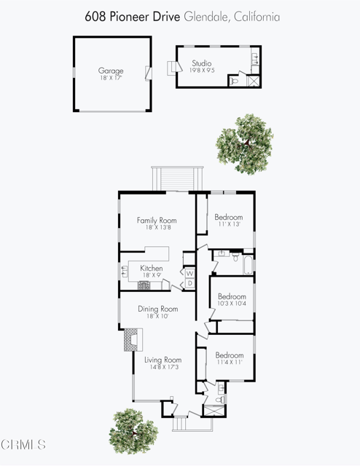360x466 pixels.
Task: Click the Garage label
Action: tap(111, 71)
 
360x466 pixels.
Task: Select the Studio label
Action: tap(201, 63)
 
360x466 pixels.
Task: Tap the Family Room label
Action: tap(157, 220)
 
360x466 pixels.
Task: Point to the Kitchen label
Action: tap(151, 269)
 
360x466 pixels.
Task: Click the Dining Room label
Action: tap(158, 309)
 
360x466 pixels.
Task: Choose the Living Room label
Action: tap(162, 360)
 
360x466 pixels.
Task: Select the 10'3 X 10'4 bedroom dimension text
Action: tap(232, 305)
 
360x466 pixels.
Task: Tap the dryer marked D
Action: tap(189, 283)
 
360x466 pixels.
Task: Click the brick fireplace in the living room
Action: tap(131, 339)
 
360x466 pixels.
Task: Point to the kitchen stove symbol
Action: tap(144, 285)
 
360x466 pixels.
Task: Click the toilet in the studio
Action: tap(235, 81)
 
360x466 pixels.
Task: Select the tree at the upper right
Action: tap(249, 143)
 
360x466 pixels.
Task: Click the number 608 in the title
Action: tap(93, 16)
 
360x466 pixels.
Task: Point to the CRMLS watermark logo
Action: tap(24, 444)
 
